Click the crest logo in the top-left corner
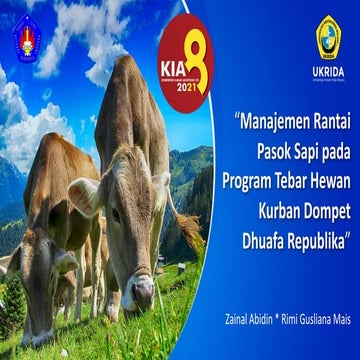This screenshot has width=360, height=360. pos(26,37)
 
